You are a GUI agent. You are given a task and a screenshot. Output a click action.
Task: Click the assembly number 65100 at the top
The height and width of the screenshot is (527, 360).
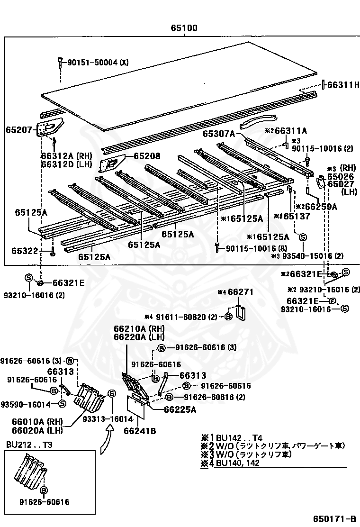coord(184,28)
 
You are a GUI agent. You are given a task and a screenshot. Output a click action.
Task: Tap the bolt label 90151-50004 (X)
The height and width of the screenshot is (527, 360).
coord(98,62)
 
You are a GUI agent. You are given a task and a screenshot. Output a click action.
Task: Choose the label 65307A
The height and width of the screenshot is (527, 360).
coord(219,134)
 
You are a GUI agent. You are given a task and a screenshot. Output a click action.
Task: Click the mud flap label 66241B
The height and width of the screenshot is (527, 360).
coord(140,431)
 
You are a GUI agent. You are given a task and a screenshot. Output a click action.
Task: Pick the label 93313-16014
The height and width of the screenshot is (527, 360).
coord(112,419)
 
